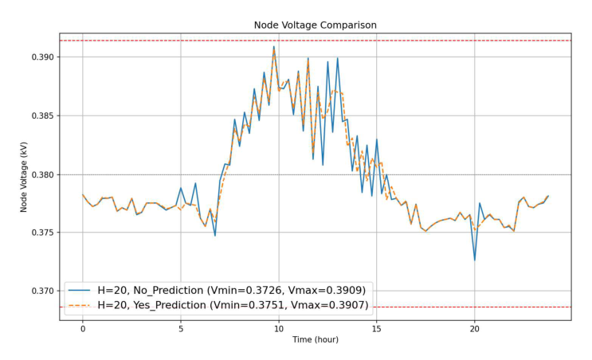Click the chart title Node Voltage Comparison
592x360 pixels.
[315, 25]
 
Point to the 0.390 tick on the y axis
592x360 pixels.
[43, 58]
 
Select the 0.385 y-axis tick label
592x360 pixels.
[43, 116]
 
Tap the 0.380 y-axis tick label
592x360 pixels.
[43, 175]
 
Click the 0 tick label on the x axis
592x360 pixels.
[83, 327]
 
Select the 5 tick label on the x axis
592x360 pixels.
[181, 327]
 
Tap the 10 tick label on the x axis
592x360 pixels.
[279, 327]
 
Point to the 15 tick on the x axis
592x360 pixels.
[377, 327]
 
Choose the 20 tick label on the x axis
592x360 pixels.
[475, 327]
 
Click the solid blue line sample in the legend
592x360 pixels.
[80, 289]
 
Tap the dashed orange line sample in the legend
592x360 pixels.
[80, 304]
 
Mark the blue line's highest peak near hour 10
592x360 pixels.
[274, 46]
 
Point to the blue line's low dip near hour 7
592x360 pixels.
[215, 235]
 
